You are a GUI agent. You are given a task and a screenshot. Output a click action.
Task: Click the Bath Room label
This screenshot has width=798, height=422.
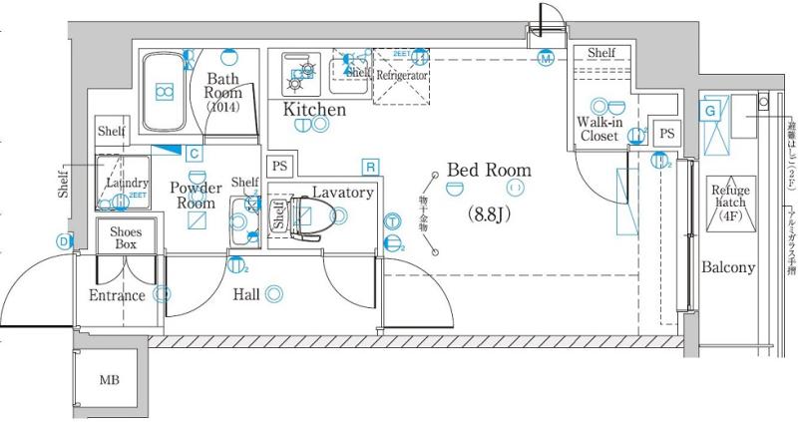pyautogui.click(x=224, y=91)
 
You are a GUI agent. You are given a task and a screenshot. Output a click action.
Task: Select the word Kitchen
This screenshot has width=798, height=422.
pyautogui.click(x=315, y=109)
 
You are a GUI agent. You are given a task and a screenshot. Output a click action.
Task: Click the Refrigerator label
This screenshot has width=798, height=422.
pyautogui.click(x=402, y=75)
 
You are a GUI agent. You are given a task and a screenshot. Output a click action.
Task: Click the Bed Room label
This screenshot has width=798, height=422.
pyautogui.click(x=489, y=171)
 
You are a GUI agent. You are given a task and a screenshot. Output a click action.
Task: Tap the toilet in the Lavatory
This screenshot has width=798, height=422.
pyautogui.click(x=305, y=216)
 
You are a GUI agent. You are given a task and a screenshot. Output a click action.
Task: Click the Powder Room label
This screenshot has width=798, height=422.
pyautogui.click(x=196, y=195)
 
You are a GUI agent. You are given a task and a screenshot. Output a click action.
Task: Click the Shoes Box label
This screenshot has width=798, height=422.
pyautogui.click(x=126, y=237)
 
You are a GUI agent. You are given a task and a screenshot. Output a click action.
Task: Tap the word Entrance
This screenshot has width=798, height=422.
pyautogui.click(x=117, y=295)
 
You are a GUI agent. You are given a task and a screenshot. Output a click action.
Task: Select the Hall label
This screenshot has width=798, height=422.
pyautogui.click(x=245, y=294)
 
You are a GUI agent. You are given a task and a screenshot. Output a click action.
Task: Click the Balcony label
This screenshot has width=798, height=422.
pyautogui.click(x=727, y=268)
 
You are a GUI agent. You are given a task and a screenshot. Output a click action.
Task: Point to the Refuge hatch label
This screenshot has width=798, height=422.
pyautogui.click(x=730, y=203)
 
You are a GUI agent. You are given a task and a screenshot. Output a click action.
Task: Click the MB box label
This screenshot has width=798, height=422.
pyautogui.click(x=109, y=381)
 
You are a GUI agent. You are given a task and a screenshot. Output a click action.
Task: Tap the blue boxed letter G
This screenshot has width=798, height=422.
pyautogui.click(x=710, y=110)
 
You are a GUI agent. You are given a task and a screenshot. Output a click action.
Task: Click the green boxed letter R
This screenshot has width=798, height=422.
pyautogui.click(x=370, y=166)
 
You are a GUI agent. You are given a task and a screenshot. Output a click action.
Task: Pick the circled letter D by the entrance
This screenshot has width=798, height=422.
pyautogui.click(x=64, y=240)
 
